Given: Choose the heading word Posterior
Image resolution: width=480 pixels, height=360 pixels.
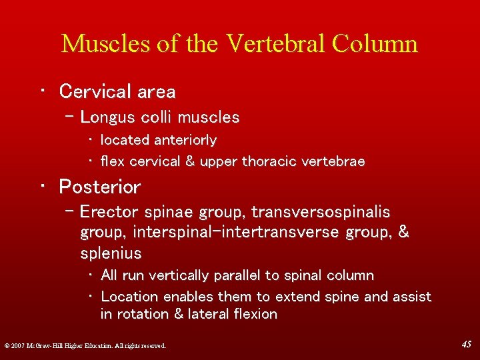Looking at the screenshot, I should click(99, 187).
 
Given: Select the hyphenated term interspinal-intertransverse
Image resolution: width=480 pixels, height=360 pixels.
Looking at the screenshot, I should click(236, 233).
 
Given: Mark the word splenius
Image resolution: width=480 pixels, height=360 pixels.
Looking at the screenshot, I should click(111, 253).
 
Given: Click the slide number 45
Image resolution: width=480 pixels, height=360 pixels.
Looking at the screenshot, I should click(467, 345).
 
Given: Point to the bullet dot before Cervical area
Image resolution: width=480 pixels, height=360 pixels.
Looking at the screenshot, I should click(42, 91).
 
